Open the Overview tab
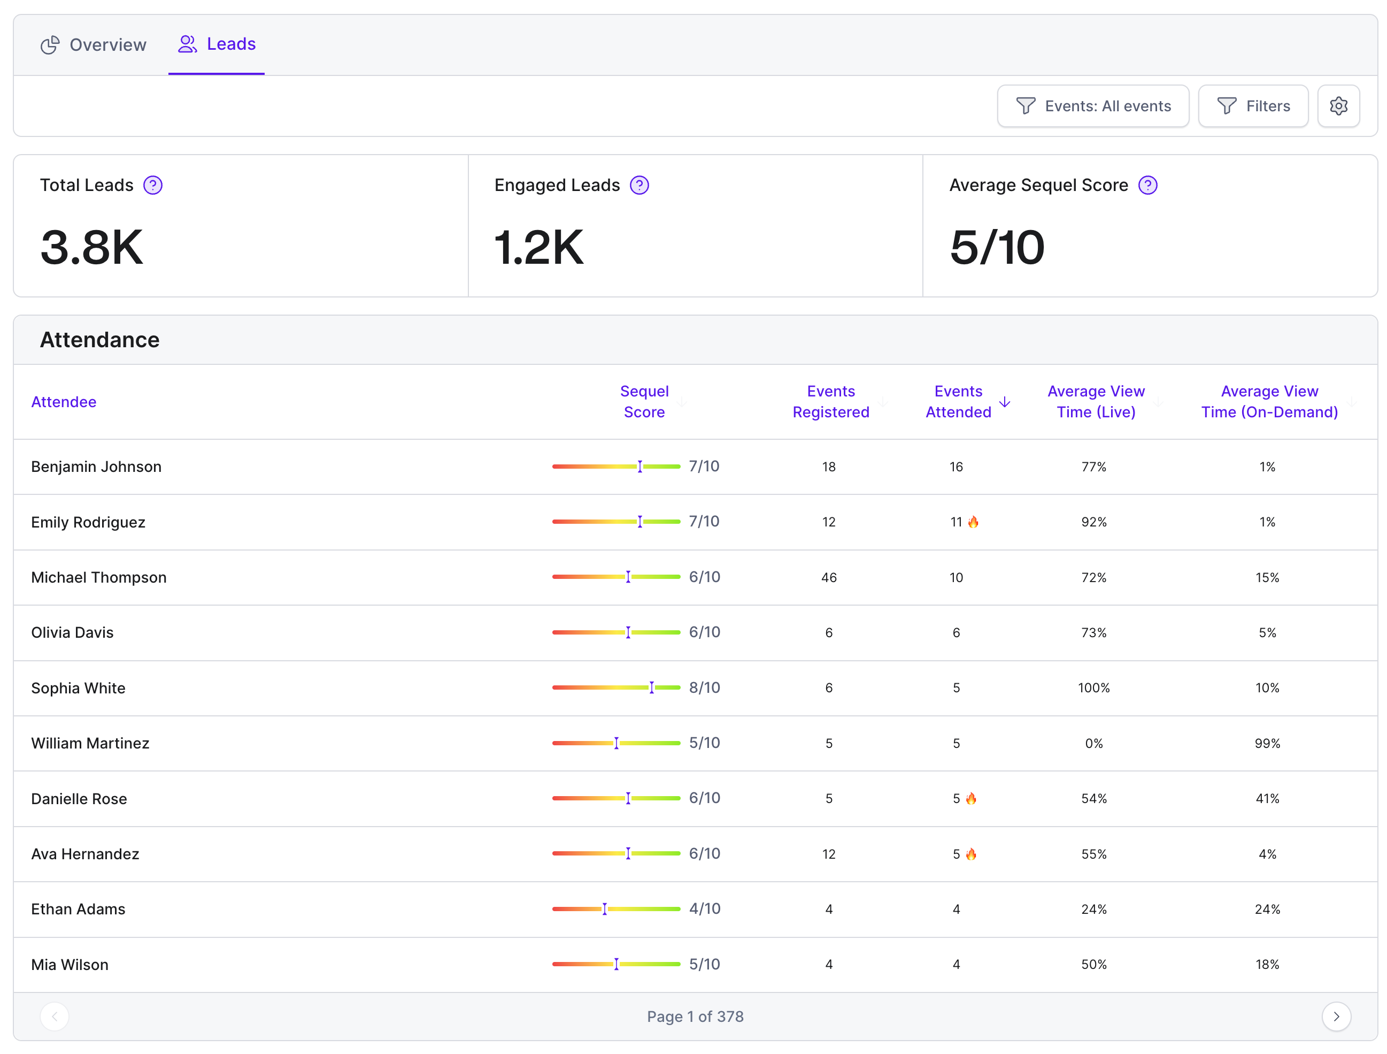(x=94, y=44)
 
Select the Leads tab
(x=217, y=44)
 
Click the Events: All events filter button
(x=1093, y=106)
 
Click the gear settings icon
(x=1338, y=106)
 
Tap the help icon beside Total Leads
(x=153, y=185)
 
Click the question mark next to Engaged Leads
(x=639, y=185)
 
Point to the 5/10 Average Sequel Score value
(x=997, y=247)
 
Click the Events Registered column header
(x=831, y=401)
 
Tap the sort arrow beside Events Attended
(x=1005, y=401)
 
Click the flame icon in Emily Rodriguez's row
(x=973, y=522)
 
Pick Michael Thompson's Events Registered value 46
(x=829, y=577)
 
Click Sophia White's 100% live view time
(x=1093, y=688)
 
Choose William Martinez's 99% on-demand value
(x=1267, y=744)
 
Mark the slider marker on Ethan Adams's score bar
(x=604, y=909)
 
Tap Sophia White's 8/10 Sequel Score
(x=704, y=688)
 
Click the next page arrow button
(x=1336, y=1017)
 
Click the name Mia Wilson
(x=70, y=965)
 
